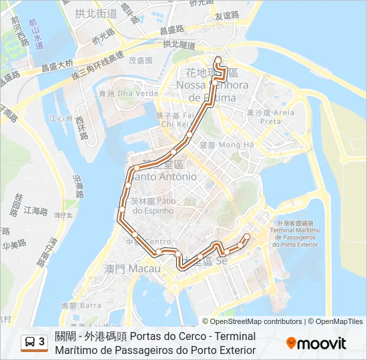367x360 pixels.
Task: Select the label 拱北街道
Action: pyautogui.click(x=96, y=13)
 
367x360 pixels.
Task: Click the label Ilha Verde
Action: pyautogui.click(x=137, y=93)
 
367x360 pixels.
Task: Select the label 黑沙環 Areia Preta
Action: pyautogui.click(x=270, y=117)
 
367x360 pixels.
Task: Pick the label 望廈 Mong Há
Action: pyautogui.click(x=227, y=144)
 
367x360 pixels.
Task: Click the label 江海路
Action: pyautogui.click(x=36, y=211)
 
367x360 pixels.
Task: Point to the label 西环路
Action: pyautogui.click(x=81, y=129)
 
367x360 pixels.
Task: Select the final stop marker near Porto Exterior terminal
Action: pyautogui.click(x=247, y=237)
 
